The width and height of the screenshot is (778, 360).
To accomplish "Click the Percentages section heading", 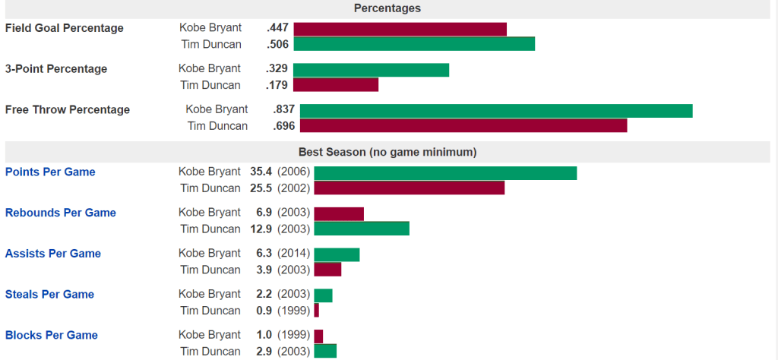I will click(x=387, y=8).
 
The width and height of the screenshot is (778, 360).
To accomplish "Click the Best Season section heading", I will click(x=387, y=152).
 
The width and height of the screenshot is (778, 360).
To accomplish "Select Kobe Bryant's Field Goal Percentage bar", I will click(x=400, y=29).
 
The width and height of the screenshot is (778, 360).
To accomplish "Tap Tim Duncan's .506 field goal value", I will click(x=277, y=44).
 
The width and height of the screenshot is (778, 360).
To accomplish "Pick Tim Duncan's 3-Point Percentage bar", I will click(x=335, y=85).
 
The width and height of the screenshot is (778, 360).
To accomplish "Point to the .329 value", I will click(x=277, y=68).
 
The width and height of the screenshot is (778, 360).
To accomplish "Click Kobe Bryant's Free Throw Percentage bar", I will click(x=496, y=111).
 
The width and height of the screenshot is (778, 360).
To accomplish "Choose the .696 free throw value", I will click(x=284, y=126).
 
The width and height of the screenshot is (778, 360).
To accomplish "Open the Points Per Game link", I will click(x=50, y=172).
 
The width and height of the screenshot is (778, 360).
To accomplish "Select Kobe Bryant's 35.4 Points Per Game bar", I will click(x=445, y=173).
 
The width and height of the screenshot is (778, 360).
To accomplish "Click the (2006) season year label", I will click(x=293, y=172).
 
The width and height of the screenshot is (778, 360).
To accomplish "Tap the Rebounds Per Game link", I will click(x=61, y=213).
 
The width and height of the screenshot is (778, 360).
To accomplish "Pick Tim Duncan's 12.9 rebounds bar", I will click(x=362, y=229).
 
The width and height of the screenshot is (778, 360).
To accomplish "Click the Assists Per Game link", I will click(x=53, y=254).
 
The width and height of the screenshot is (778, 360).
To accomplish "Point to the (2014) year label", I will click(x=293, y=254).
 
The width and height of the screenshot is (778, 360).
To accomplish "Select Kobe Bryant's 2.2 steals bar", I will click(x=323, y=295).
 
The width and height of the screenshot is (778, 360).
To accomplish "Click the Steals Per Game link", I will click(x=50, y=295).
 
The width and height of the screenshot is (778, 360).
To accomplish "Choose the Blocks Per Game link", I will click(x=52, y=335).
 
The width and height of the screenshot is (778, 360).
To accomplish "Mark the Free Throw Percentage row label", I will click(x=68, y=109).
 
